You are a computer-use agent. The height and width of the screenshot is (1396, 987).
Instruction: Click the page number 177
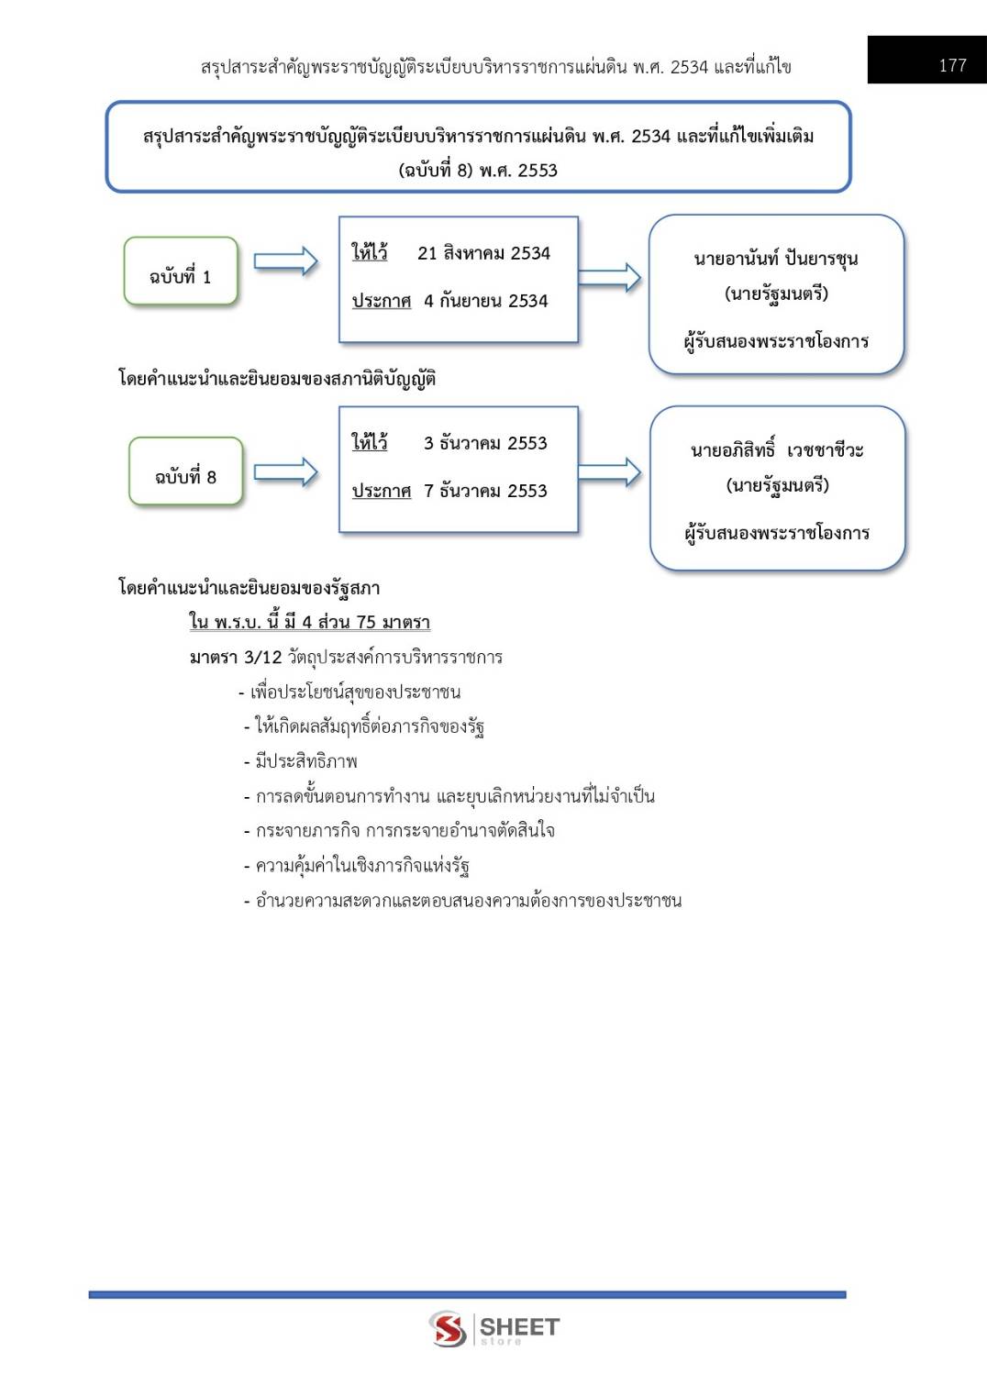coord(952,65)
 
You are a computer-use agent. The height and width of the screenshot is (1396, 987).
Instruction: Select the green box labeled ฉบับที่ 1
coord(181,271)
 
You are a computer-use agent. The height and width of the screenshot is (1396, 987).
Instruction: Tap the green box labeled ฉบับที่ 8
coord(185,471)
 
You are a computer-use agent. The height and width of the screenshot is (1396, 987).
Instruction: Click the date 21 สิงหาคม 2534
coord(483,253)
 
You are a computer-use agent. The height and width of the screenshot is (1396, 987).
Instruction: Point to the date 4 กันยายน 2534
coord(485,301)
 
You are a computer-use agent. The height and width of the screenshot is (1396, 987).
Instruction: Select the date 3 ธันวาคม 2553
coord(485,443)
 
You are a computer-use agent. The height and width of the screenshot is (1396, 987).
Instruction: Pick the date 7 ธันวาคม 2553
coord(485,491)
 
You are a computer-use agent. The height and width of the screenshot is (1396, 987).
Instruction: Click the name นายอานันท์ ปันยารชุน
coord(776,258)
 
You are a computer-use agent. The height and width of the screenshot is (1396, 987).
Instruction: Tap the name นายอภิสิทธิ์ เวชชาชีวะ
coord(777,449)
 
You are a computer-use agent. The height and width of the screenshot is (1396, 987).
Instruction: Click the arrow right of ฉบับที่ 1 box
coord(286,261)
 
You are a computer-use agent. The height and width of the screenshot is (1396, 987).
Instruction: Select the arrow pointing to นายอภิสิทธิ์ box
coord(609,472)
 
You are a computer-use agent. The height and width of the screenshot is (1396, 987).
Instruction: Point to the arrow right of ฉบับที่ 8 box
coord(286,472)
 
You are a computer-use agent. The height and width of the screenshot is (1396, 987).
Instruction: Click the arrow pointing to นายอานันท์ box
coord(609,278)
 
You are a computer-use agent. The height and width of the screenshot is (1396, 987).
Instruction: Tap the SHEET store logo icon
coord(448,1328)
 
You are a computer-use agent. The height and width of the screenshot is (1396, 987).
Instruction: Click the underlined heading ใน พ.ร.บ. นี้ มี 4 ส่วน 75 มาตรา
coord(310,622)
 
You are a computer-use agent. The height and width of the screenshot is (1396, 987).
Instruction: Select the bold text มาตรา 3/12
coord(236,657)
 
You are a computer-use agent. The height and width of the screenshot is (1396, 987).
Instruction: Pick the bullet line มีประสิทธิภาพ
coord(301,761)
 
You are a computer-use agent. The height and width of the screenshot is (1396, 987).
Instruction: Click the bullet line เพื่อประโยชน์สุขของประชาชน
coord(349,692)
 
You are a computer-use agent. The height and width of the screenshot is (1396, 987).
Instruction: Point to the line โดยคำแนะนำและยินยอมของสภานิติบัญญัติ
coord(277,379)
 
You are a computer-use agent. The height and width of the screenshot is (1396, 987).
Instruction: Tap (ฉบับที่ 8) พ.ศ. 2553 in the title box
coord(478,170)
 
